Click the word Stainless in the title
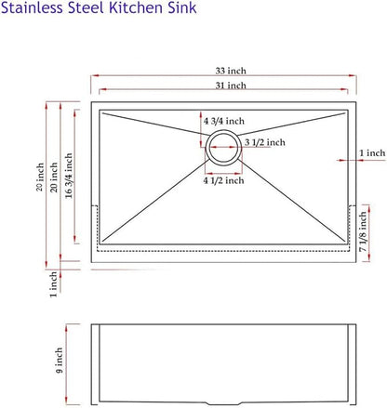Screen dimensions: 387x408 [32, 7]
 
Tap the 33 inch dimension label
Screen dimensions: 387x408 [231, 71]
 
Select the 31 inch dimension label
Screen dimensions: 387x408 [231, 86]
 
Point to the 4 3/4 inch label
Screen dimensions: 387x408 [224, 121]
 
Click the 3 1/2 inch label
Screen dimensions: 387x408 [265, 142]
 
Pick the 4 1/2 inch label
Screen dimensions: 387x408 [223, 180]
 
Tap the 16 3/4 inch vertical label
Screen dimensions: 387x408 [69, 176]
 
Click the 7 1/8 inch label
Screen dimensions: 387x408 [363, 231]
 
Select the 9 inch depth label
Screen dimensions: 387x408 [59, 361]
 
